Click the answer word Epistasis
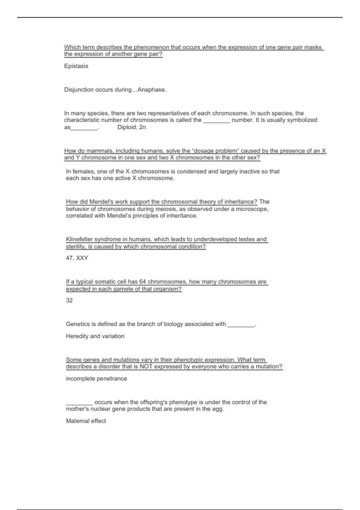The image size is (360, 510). pos(76,66)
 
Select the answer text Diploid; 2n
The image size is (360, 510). pos(132,127)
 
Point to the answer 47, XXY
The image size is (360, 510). pos(77,258)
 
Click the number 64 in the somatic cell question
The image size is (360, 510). pos(143,282)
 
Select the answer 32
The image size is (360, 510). pos(69,300)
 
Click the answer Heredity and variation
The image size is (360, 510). pos(95,336)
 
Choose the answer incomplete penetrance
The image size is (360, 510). pos(96,379)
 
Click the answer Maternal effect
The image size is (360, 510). pos(86,421)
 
